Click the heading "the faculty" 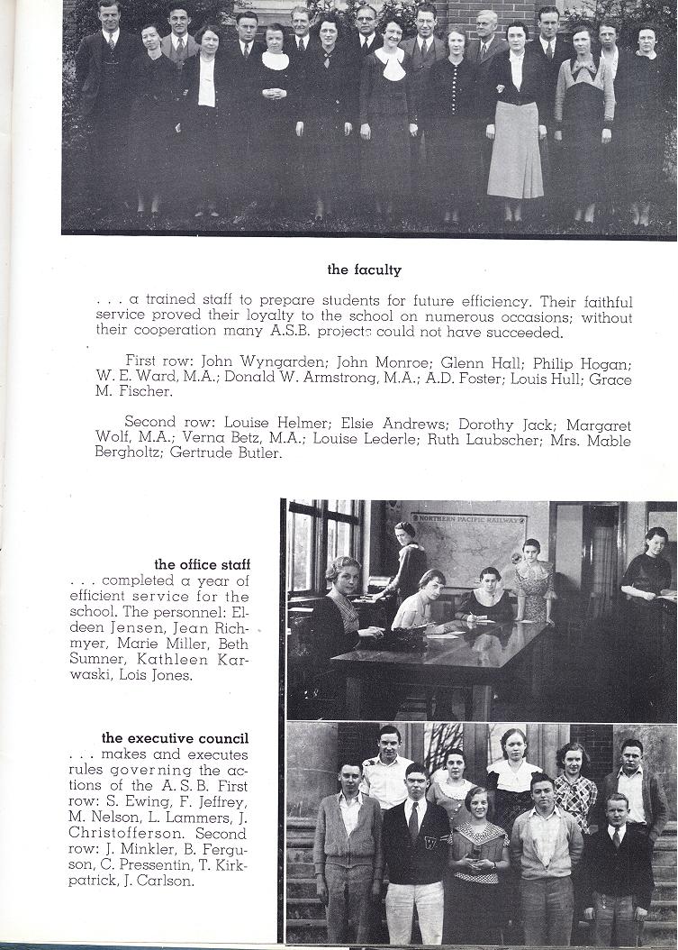pos(364,269)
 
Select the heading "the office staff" pos(202,564)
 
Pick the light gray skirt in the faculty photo pos(516,151)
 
